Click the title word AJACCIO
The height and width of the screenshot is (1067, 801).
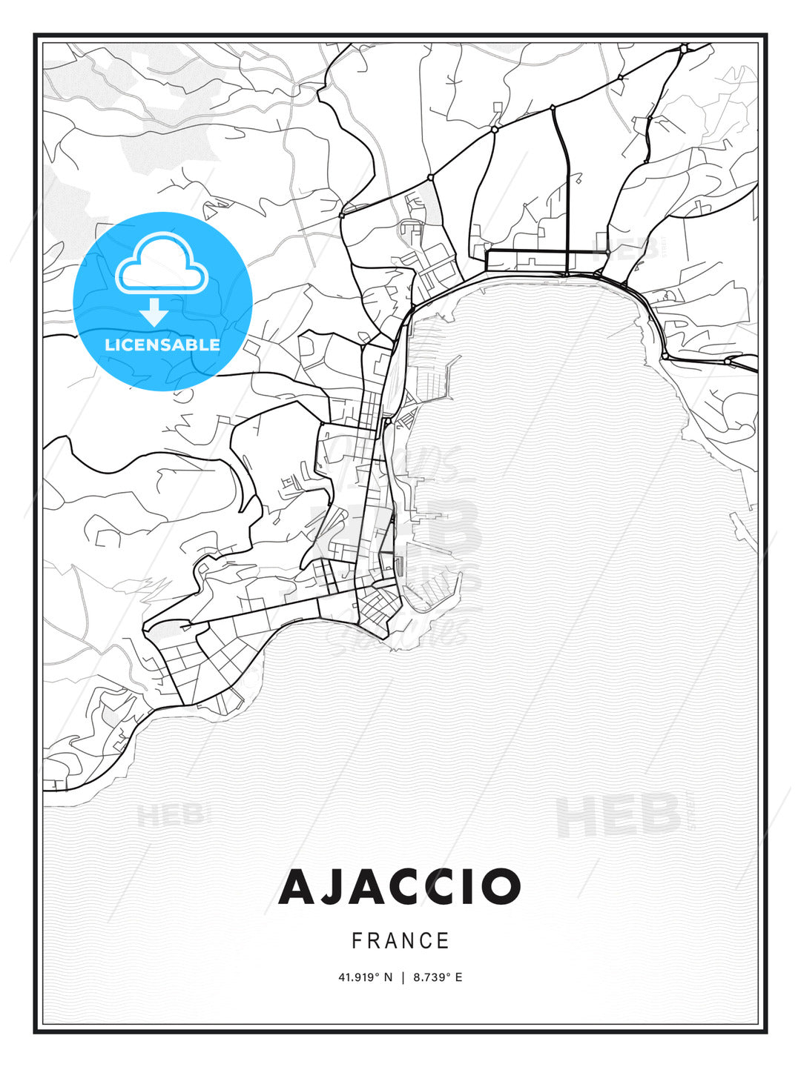click(x=400, y=887)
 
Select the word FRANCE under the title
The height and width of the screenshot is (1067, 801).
click(x=400, y=941)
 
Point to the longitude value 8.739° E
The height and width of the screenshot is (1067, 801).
click(x=438, y=977)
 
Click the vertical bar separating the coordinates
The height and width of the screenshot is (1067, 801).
click(x=403, y=977)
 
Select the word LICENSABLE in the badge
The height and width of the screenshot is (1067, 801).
click(x=162, y=345)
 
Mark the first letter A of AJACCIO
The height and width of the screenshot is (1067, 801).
click(x=298, y=887)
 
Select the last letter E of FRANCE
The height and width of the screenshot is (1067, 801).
click(x=444, y=941)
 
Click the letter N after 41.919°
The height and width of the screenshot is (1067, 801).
click(x=387, y=977)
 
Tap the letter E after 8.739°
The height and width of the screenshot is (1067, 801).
click(x=458, y=977)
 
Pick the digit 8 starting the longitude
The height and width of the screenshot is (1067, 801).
click(x=417, y=977)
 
